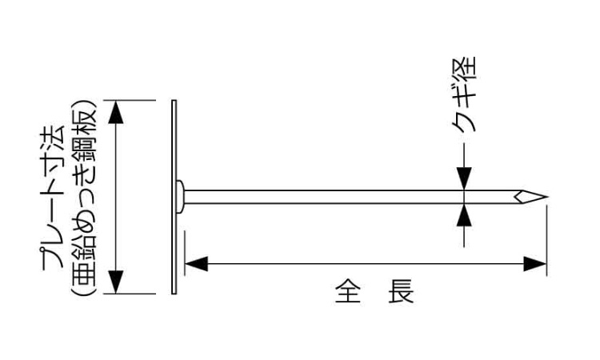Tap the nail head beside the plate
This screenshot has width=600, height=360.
pos(182,196)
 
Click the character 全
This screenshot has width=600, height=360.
pos(345,291)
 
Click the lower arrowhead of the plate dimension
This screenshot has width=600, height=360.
pos(117,282)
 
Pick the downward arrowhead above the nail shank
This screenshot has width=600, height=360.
pos(465,182)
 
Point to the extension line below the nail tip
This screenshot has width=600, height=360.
pos(548,240)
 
